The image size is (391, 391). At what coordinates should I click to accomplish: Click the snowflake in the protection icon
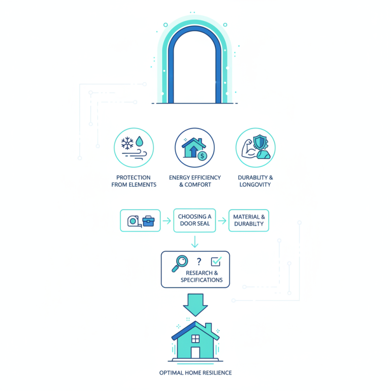127,143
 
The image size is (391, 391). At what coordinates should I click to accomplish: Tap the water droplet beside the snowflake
140,141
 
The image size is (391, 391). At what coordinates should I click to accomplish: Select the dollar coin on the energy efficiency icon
202,156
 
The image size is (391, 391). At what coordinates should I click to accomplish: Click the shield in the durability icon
260,142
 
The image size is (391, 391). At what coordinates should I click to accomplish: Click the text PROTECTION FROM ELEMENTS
133,181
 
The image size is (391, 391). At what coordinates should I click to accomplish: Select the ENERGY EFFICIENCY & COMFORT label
195,181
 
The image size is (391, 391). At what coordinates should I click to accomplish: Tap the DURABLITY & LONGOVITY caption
255,181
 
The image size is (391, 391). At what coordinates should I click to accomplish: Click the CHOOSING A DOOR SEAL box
195,220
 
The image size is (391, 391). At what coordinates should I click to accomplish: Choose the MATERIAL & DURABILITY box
249,220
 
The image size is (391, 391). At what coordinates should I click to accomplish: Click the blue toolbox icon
149,221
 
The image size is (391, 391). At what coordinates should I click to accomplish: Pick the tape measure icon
134,221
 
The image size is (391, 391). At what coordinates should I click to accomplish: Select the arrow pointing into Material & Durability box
222,221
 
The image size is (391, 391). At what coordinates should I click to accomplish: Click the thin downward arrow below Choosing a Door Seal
195,241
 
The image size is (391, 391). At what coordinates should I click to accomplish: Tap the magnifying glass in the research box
180,263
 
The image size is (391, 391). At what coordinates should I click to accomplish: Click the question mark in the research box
199,261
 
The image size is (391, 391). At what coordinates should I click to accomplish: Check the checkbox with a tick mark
216,261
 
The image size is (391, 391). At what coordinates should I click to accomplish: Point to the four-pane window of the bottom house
195,339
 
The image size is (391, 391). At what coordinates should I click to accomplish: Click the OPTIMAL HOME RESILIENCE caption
195,373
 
